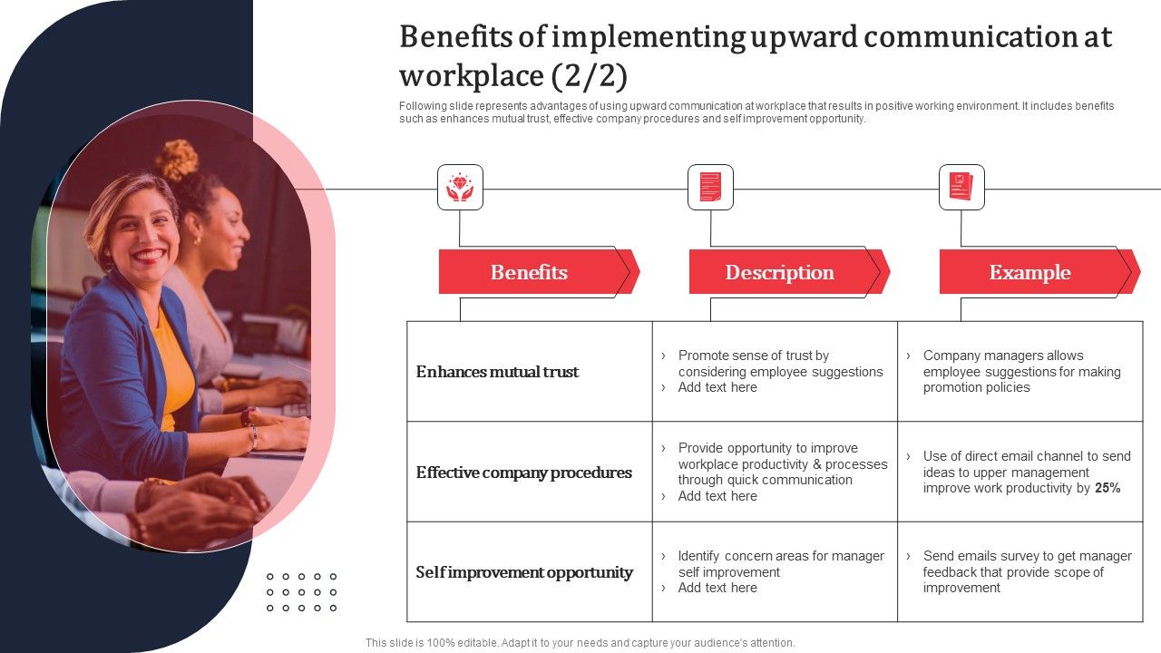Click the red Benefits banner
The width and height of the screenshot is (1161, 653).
click(530, 272)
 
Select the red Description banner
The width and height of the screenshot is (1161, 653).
click(780, 272)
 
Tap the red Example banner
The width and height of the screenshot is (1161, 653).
click(1030, 272)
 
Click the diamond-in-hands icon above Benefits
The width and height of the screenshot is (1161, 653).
click(460, 187)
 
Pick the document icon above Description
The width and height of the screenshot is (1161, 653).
click(710, 187)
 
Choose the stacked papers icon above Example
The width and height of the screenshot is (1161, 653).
click(961, 187)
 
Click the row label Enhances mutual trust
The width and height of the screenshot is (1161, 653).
click(497, 372)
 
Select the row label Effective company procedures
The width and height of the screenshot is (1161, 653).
click(523, 473)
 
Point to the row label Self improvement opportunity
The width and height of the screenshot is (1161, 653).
click(524, 572)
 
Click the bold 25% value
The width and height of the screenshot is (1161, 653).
click(1107, 488)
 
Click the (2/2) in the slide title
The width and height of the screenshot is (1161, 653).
click(589, 75)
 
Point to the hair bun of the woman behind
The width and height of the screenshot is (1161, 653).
click(177, 160)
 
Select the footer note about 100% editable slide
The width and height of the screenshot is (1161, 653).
click(580, 643)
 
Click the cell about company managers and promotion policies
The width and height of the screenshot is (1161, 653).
click(1020, 372)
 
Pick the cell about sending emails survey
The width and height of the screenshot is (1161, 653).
click(1020, 571)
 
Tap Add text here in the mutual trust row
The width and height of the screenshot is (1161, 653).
click(717, 387)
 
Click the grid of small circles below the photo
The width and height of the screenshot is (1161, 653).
click(302, 592)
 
